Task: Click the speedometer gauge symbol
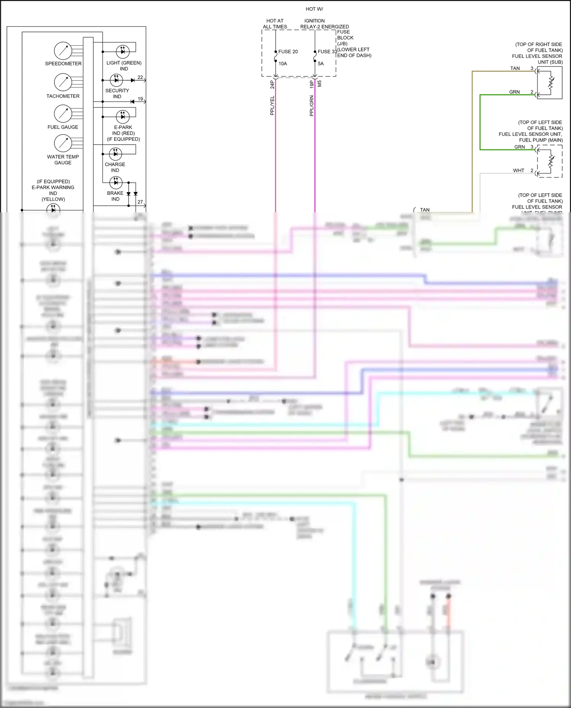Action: [63, 51]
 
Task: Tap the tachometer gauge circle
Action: [63, 82]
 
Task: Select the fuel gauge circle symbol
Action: [63, 113]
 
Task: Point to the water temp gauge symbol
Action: [63, 143]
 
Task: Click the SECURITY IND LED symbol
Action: [116, 80]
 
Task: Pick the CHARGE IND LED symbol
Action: [115, 154]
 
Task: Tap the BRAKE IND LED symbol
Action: [116, 183]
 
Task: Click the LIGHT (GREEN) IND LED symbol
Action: [123, 51]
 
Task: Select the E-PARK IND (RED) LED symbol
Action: [123, 116]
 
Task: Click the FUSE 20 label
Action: [288, 52]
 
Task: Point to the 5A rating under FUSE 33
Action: [321, 64]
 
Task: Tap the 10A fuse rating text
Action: [282, 64]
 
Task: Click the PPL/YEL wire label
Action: [272, 105]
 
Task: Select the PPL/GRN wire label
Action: [312, 106]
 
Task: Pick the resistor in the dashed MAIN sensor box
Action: [551, 161]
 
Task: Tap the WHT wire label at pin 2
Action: [518, 170]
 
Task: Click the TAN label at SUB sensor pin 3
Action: [515, 68]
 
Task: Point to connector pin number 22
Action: [140, 77]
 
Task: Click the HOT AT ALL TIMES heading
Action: [275, 24]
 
